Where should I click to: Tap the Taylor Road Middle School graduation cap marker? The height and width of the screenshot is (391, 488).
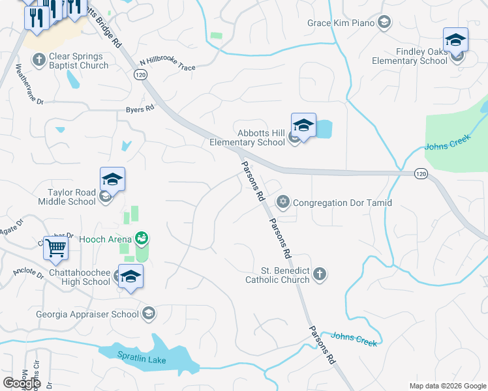112,181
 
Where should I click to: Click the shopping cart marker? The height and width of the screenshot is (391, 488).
56,248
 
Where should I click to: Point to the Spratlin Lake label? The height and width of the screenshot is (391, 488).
142,360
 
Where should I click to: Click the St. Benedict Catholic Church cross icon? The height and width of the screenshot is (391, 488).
320,274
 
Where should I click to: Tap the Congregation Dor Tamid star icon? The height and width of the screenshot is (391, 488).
283,202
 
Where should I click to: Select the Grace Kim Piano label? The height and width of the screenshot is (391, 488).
341,23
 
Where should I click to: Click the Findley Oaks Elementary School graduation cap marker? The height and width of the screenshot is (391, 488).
455,39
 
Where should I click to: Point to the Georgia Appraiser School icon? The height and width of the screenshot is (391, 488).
149,313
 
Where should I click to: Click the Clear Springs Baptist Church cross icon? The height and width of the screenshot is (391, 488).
38,61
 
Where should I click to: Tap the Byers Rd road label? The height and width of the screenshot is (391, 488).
140,109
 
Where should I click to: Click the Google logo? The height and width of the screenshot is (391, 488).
22,383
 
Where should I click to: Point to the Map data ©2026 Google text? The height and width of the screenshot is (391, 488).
448,386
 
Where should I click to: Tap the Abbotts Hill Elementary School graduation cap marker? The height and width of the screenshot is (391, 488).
303,125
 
